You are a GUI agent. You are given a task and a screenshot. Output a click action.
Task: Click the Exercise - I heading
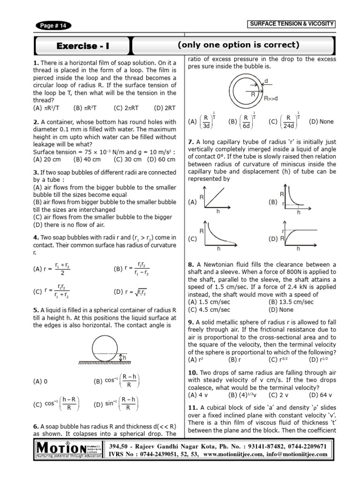point(85,45)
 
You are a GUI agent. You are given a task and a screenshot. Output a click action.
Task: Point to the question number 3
point(35,172)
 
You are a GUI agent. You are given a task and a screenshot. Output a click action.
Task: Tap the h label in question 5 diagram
point(125,358)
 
